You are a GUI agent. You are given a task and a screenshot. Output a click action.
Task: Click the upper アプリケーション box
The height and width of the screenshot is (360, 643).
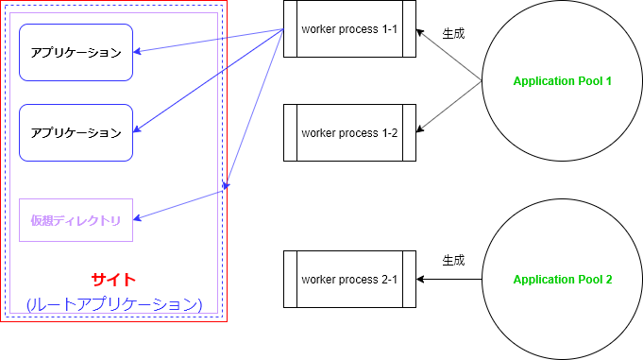click(76, 52)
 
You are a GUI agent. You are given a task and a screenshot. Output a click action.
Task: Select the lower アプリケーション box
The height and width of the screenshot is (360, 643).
click(76, 132)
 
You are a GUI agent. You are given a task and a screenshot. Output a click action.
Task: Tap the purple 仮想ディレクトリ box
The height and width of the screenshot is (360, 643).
click(76, 220)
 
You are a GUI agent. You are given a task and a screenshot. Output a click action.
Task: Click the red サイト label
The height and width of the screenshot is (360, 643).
click(113, 280)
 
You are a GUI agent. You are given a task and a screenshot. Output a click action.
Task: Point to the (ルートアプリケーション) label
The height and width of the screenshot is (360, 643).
click(113, 304)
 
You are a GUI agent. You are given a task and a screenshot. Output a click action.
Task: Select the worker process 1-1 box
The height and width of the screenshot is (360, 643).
click(349, 29)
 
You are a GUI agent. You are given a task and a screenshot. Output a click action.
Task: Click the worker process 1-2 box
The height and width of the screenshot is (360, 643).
click(349, 133)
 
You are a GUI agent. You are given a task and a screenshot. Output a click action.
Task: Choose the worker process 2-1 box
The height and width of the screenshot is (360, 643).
click(349, 280)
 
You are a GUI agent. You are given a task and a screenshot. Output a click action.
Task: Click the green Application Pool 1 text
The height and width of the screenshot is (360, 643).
click(563, 81)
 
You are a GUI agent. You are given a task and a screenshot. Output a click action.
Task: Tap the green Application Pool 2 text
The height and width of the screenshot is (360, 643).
click(563, 280)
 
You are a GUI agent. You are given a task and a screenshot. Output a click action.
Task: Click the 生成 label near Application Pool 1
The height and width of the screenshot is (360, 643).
click(453, 33)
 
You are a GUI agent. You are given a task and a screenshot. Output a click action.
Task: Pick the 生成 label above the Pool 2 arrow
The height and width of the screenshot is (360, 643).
click(453, 260)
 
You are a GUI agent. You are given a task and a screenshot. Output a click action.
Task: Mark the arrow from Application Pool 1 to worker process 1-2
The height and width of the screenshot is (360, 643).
click(449, 108)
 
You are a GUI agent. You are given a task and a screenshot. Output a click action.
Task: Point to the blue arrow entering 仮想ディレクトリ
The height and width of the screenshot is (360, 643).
click(179, 205)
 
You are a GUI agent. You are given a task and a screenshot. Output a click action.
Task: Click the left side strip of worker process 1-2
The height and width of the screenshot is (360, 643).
click(291, 133)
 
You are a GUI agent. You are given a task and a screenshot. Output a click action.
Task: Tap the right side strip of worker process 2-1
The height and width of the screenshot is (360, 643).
click(409, 280)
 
